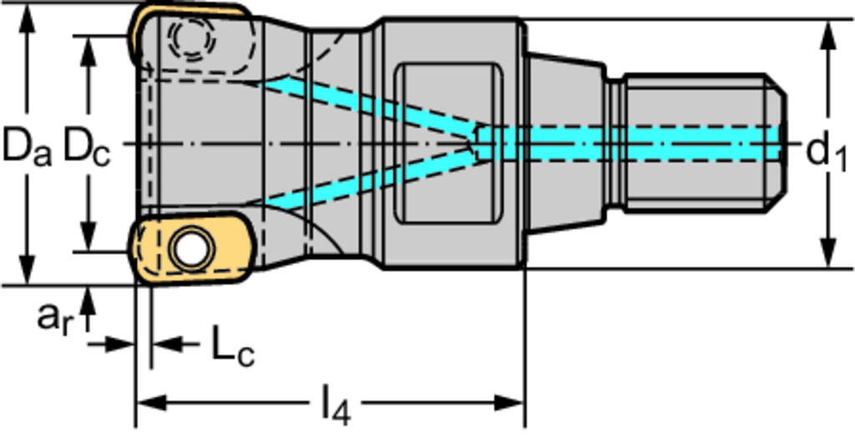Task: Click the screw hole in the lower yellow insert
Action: pos(189,249)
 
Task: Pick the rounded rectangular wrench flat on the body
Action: pos(449,143)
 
